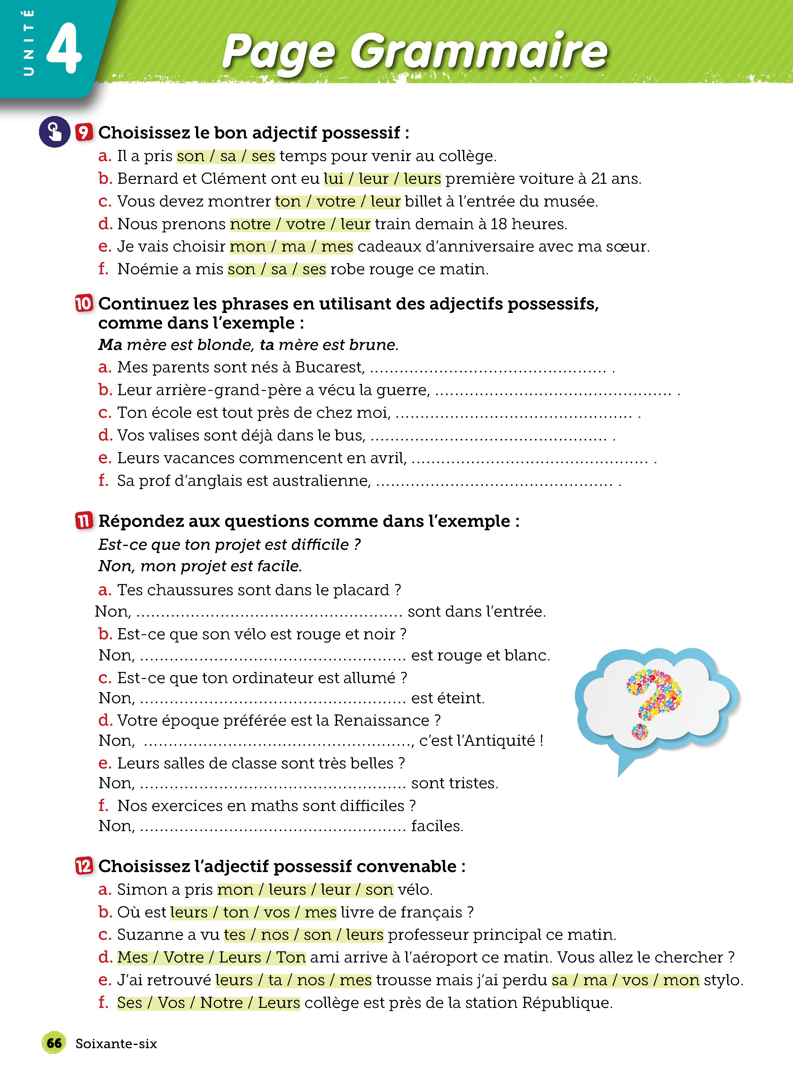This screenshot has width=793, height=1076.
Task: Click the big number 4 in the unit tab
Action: pos(64,48)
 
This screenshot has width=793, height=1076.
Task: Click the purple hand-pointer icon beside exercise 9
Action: pos(54,131)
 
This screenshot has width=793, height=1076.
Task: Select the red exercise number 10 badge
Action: pos(83,304)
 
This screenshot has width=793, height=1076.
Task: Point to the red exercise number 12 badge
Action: pos(83,866)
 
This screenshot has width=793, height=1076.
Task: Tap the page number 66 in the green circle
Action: pos(54,1043)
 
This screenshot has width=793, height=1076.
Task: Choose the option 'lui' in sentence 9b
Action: pos(334,178)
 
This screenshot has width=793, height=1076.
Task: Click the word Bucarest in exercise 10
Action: pos(329,367)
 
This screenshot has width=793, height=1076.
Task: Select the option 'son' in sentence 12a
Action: pos(379,889)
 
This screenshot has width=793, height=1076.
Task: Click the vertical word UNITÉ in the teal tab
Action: pos(29,43)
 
